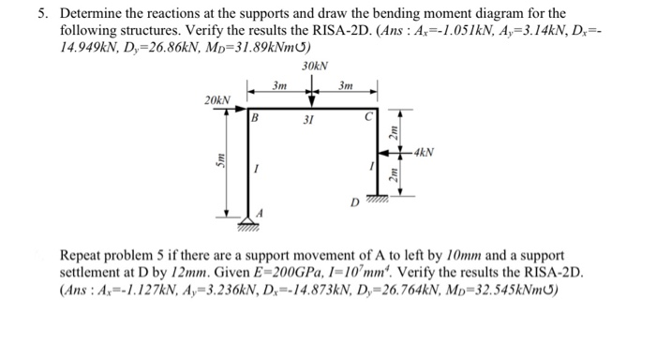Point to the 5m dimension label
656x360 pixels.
coord(221,161)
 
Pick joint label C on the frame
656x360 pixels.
coord(368,119)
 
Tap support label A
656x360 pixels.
coord(261,212)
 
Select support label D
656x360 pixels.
coord(354,200)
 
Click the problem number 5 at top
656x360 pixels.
coord(42,13)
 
